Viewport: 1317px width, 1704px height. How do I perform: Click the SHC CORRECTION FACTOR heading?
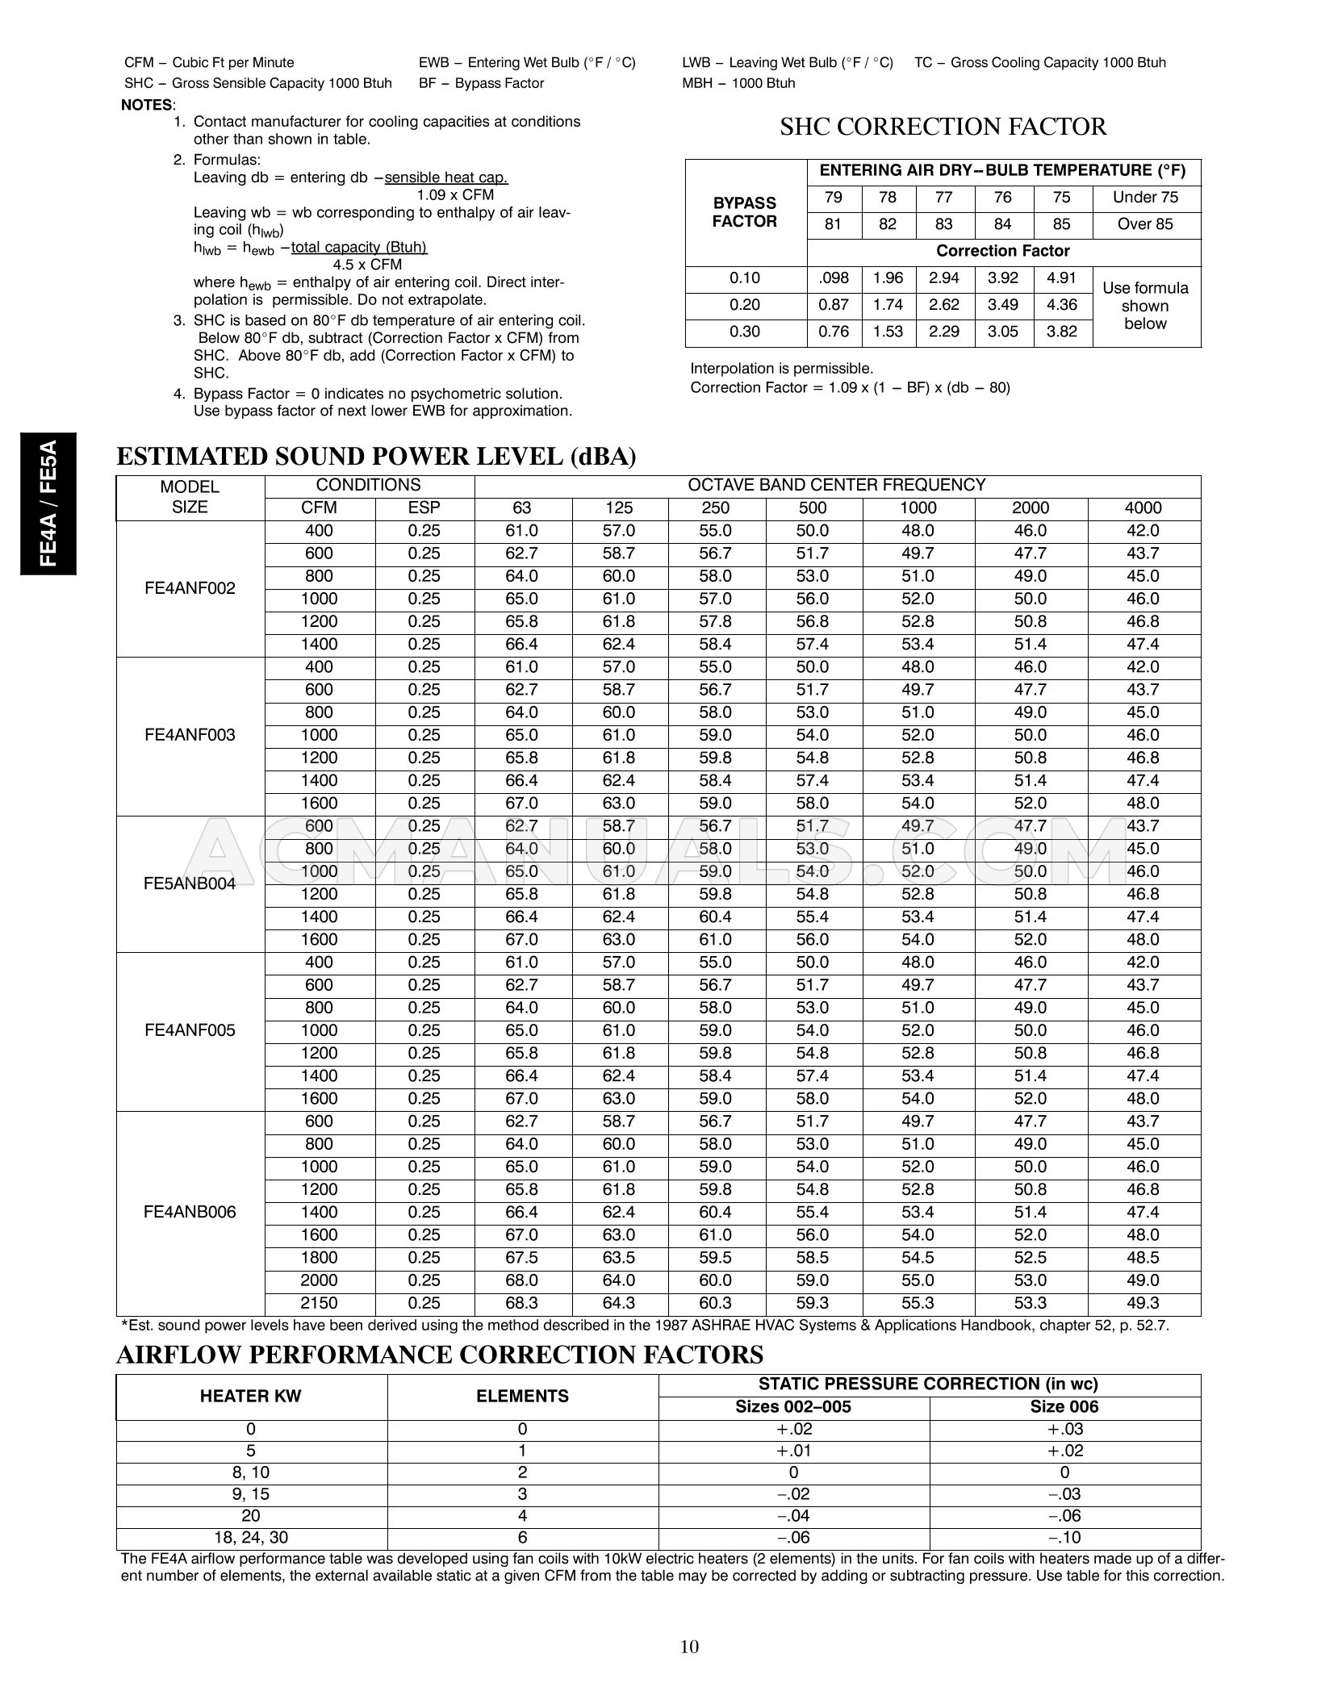[x=943, y=127]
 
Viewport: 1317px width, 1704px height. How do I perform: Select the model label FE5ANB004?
[x=190, y=883]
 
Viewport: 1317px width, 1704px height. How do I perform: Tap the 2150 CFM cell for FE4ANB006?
[x=319, y=1303]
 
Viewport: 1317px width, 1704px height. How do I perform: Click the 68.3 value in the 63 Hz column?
[x=522, y=1303]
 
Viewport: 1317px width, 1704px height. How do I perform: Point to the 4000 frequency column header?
[x=1143, y=507]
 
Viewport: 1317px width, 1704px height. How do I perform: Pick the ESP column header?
[x=424, y=507]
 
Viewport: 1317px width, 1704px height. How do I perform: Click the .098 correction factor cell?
[x=833, y=278]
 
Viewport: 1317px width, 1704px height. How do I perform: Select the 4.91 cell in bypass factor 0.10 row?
[x=1062, y=278]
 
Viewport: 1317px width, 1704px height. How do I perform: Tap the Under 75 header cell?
[x=1145, y=198]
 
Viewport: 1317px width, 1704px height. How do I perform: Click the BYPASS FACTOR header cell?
[x=744, y=212]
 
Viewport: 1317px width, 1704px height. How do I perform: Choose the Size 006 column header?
[x=1064, y=1407]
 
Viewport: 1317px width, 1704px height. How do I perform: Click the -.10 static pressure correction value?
[x=1064, y=1537]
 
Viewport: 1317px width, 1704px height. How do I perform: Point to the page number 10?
[x=689, y=1647]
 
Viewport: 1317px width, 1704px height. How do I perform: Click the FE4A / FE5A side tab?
[x=48, y=503]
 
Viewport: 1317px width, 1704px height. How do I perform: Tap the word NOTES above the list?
[x=147, y=105]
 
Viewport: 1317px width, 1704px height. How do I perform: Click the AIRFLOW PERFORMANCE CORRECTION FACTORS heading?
[x=440, y=1355]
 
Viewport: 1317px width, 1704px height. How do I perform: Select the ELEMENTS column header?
[x=522, y=1396]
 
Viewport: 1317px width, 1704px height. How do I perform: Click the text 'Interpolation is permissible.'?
[x=781, y=369]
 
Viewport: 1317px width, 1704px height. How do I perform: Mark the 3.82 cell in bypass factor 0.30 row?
[x=1062, y=332]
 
